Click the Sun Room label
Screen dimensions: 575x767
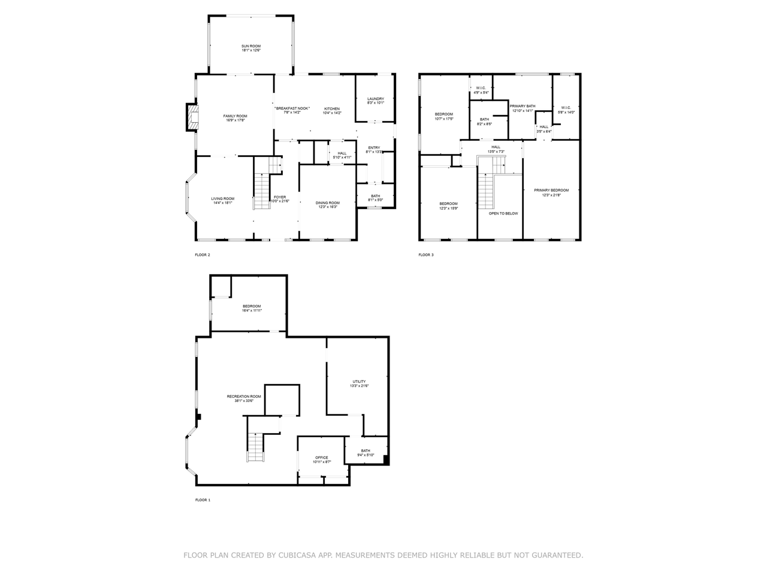click(x=251, y=46)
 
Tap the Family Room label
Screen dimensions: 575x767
click(x=235, y=116)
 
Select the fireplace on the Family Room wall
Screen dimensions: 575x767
click(x=192, y=117)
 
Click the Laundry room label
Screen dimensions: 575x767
click(x=376, y=99)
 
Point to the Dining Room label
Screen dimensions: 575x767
click(x=328, y=203)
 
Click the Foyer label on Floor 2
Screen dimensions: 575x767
click(x=280, y=197)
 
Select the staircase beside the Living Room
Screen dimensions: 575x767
click(x=262, y=191)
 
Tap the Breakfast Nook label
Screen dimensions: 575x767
click(x=292, y=108)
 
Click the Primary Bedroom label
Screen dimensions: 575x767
click(x=551, y=190)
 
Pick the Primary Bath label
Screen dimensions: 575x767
click(x=523, y=106)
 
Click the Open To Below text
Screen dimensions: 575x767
click(x=503, y=213)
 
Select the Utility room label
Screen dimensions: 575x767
click(x=359, y=382)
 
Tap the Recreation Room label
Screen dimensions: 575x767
click(x=244, y=397)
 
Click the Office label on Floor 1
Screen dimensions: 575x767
click(x=322, y=458)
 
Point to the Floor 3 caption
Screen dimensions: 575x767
click(x=426, y=255)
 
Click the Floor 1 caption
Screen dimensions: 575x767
click(x=203, y=500)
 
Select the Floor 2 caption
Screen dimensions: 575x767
click(x=203, y=255)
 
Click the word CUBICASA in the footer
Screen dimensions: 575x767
click(x=297, y=556)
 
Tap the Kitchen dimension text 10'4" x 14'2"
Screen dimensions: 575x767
click(x=332, y=113)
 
